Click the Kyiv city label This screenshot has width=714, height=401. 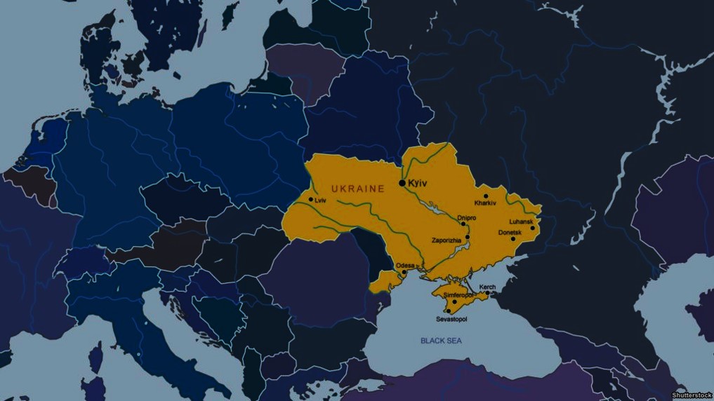tap(418, 182)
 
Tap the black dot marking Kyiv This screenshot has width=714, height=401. tap(402, 183)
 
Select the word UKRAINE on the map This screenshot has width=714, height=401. tap(358, 189)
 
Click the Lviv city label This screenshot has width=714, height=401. tap(321, 200)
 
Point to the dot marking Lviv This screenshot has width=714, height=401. tap(311, 200)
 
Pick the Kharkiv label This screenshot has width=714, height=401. tap(485, 203)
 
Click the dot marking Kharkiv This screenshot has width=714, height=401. tap(486, 196)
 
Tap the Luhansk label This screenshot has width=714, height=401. tap(521, 221)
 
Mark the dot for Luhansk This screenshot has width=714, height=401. tap(532, 228)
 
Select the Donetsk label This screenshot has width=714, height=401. tap(509, 232)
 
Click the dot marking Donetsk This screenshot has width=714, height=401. tap(513, 239)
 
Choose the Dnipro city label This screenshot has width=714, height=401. tap(467, 218)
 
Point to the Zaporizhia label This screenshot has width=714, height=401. tap(447, 240)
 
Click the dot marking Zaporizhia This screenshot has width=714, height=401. tap(467, 237)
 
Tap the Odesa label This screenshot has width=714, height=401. tap(406, 266)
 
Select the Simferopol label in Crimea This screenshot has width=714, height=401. tap(458, 296)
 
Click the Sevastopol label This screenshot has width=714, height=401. tap(451, 319)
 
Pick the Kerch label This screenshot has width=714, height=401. tap(487, 287)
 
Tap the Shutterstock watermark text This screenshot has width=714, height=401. tap(692, 395)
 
